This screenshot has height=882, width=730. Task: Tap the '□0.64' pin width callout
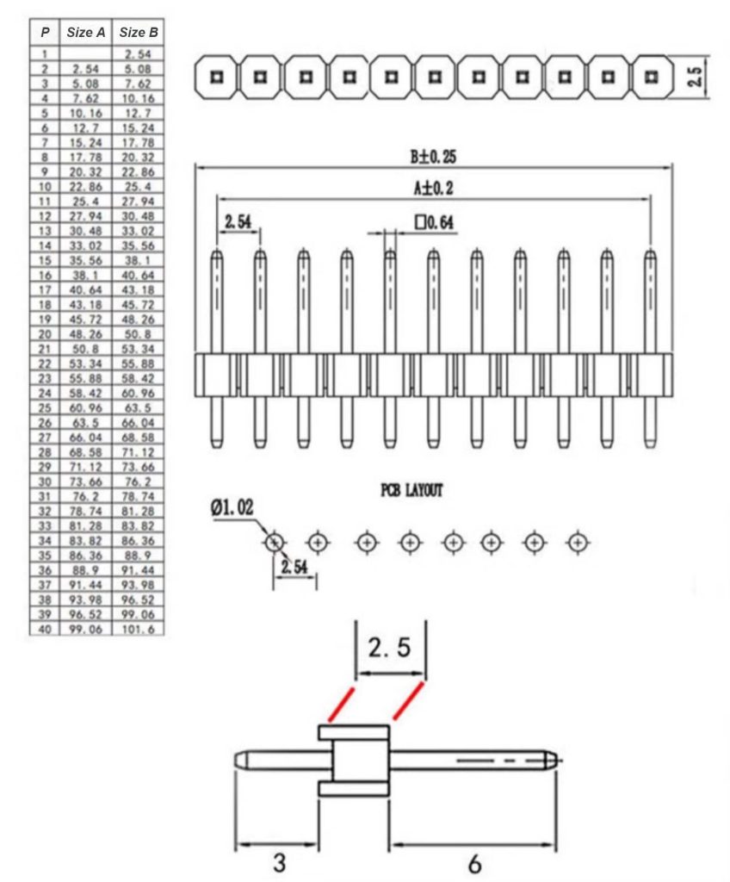(x=435, y=223)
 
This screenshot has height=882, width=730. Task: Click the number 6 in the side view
(x=475, y=862)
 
